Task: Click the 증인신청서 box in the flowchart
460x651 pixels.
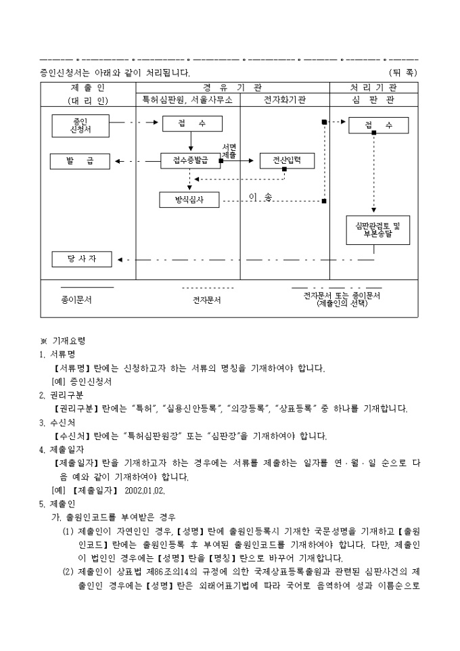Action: [80, 126]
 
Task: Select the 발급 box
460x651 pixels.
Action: [80, 161]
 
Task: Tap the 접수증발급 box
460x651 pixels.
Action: [191, 160]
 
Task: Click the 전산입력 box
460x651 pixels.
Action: [287, 160]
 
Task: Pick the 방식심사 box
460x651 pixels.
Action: [189, 200]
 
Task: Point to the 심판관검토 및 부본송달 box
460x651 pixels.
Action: [378, 230]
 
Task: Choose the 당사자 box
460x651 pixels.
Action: [82, 259]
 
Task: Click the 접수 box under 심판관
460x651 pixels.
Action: [379, 125]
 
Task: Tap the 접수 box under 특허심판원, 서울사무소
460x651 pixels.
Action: [192, 124]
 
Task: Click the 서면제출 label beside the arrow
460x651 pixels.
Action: [229, 152]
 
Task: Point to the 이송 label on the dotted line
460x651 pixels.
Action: [260, 197]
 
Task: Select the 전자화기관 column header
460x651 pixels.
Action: [285, 100]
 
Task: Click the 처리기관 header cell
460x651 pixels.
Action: [373, 87]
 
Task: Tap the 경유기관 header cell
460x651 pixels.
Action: [233, 87]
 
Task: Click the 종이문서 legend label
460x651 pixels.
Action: [76, 300]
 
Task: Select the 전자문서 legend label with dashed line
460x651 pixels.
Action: [207, 300]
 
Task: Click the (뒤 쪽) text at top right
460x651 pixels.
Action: [403, 72]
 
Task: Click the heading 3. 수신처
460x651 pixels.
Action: [57, 423]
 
